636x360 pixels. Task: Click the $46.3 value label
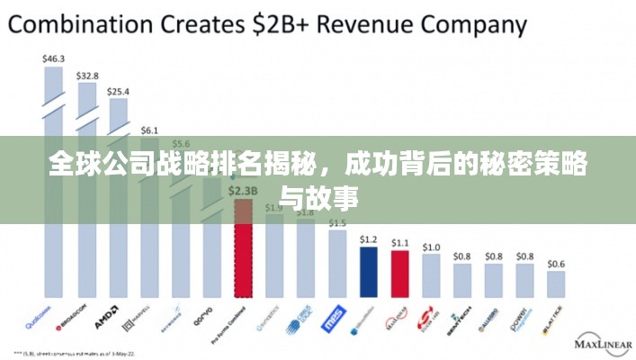(x=54, y=59)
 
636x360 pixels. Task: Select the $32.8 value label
(x=87, y=76)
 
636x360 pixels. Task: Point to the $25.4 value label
(x=118, y=92)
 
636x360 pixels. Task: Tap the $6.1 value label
(x=149, y=130)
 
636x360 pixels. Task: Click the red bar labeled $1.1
(x=400, y=274)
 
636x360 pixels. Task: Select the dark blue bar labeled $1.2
(x=368, y=272)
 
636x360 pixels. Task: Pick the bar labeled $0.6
(x=556, y=284)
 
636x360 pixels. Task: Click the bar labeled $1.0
(x=432, y=275)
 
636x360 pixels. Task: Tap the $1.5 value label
(x=336, y=222)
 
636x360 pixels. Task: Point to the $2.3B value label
(x=243, y=191)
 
